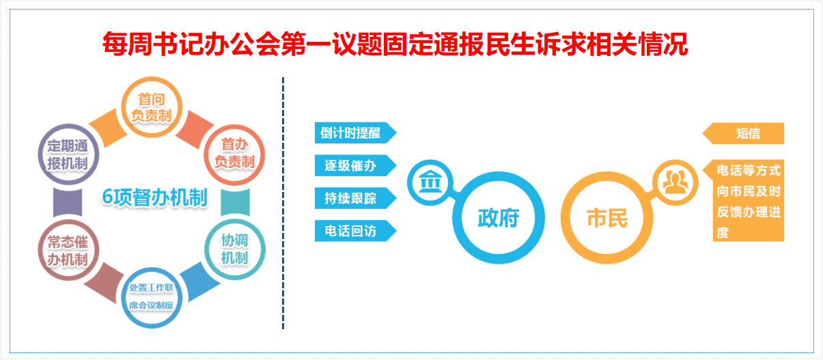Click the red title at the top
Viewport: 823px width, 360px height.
pos(395,44)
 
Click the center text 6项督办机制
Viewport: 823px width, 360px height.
pos(154,197)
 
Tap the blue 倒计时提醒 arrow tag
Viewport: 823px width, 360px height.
pos(355,133)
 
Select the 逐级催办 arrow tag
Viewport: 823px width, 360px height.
pos(355,165)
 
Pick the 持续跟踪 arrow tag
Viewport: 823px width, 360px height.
pos(355,198)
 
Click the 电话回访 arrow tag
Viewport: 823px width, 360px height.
pos(355,231)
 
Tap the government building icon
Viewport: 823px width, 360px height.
pos(430,182)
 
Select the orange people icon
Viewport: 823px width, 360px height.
pos(675,182)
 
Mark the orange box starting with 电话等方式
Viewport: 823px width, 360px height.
pos(746,201)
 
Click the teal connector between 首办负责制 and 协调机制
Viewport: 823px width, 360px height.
pos(235,202)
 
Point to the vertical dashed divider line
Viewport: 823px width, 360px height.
pos(283,203)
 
